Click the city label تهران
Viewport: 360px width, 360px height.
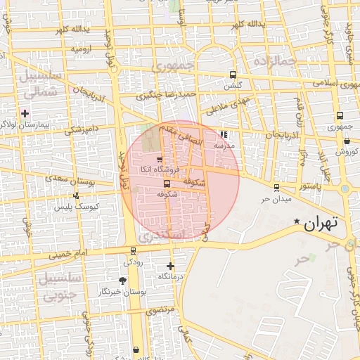click(321, 224)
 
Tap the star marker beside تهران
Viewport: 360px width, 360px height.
click(297, 222)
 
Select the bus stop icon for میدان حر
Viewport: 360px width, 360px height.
click(276, 188)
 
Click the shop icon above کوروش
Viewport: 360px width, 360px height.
click(347, 141)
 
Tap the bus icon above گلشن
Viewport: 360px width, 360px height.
click(233, 75)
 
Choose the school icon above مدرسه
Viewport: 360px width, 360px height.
click(224, 134)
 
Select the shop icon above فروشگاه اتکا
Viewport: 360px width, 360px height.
click(160, 159)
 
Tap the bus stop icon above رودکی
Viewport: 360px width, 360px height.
click(133, 251)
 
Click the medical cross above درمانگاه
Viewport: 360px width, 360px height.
click(170, 266)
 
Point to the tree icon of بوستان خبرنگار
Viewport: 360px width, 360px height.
click(123, 281)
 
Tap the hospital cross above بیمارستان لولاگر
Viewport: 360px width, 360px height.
click(25, 112)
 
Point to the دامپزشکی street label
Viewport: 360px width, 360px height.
click(80, 129)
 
